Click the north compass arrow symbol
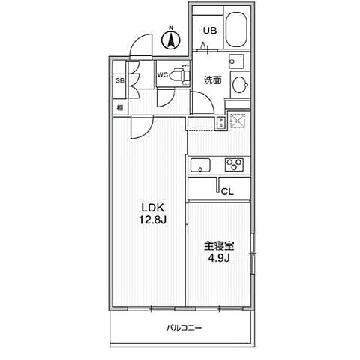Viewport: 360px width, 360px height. [171, 38]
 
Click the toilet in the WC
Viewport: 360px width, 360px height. [179, 76]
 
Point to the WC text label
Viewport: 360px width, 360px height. [162, 74]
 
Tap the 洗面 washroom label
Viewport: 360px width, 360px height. [212, 80]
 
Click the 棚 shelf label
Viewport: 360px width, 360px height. [119, 107]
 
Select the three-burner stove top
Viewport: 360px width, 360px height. [234, 165]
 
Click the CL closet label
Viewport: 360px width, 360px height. [227, 191]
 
